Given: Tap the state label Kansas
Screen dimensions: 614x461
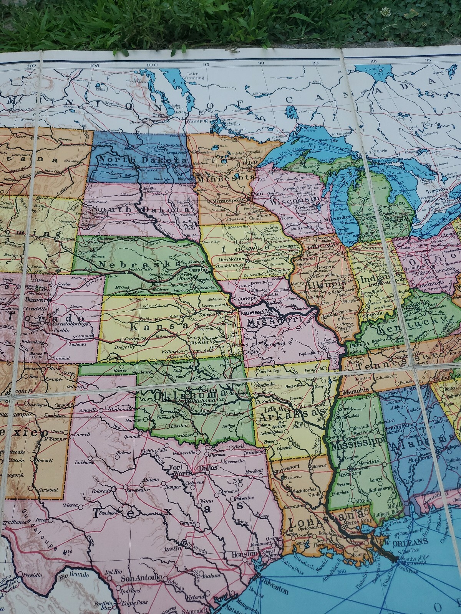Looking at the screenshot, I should [x=153, y=326].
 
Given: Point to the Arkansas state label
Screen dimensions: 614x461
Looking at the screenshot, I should [x=292, y=415].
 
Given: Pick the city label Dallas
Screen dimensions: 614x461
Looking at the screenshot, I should [x=208, y=467].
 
